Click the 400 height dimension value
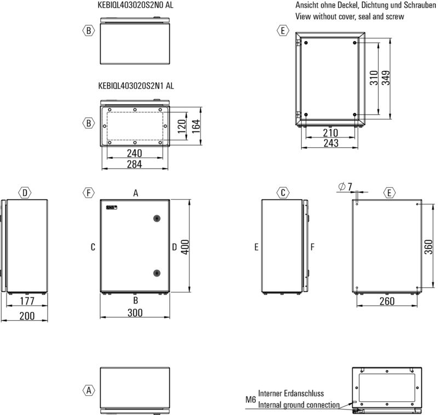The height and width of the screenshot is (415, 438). pyautogui.click(x=185, y=247)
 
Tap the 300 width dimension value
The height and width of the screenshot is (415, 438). pyautogui.click(x=135, y=313)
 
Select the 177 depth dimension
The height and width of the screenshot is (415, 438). pyautogui.click(x=27, y=301)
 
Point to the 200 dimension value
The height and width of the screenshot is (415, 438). pyautogui.click(x=27, y=316)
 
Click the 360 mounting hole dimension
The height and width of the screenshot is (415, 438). pyautogui.click(x=429, y=247)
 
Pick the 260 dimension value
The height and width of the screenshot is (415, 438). pyautogui.click(x=387, y=301)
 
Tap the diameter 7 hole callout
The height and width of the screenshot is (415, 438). pyautogui.click(x=345, y=187)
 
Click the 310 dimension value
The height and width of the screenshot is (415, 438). pyautogui.click(x=374, y=78)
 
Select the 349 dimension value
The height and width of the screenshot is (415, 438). pyautogui.click(x=386, y=78)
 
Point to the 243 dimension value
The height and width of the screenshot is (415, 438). pyautogui.click(x=331, y=143)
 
